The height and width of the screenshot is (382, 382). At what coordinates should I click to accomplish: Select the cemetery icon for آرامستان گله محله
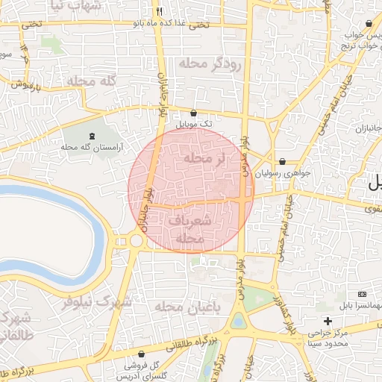pyautogui.click(x=92, y=136)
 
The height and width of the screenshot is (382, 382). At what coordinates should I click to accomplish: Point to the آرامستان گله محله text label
pyautogui.click(x=90, y=146)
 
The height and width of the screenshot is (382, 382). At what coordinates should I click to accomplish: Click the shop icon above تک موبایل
pyautogui.click(x=194, y=113)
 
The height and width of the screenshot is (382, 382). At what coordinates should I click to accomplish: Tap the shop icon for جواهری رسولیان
pyautogui.click(x=282, y=161)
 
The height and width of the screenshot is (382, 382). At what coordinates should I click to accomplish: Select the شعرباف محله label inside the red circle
pyautogui.click(x=191, y=230)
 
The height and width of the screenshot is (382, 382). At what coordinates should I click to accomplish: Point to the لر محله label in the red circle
pyautogui.click(x=204, y=159)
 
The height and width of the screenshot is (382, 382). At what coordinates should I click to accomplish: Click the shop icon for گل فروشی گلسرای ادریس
pyautogui.click(x=142, y=354)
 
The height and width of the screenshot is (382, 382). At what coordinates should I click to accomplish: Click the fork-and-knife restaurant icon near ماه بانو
pyautogui.click(x=159, y=12)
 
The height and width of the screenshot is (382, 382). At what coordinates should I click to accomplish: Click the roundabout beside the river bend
pyautogui.click(x=136, y=240)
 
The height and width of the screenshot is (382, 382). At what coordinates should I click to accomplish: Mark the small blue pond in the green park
pyautogui.click(x=238, y=322)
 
